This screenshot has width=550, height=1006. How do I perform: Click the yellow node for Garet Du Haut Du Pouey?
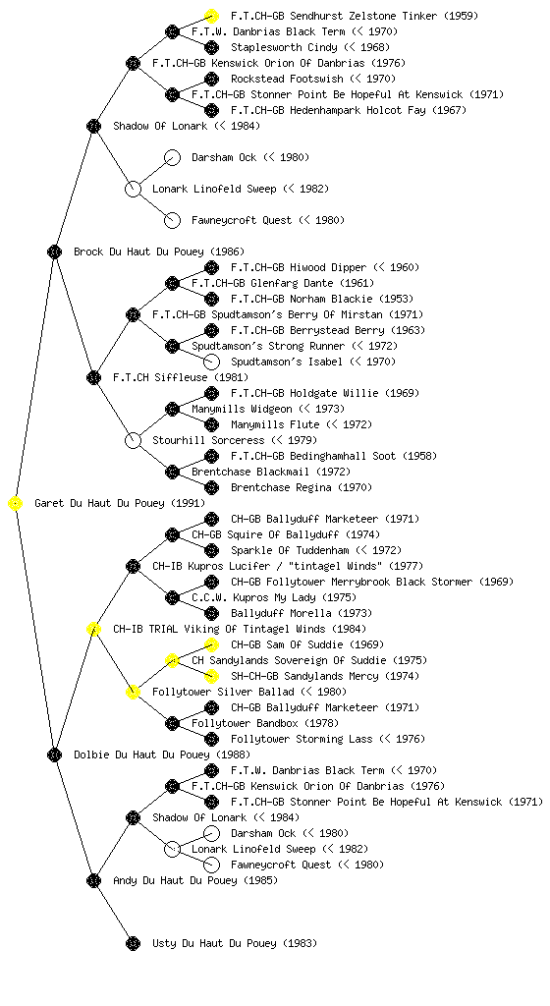16,504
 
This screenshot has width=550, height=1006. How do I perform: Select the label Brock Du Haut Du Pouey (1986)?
159,252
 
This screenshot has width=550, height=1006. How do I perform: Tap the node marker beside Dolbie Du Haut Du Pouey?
54,755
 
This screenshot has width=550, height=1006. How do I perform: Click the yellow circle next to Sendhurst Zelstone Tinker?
211,16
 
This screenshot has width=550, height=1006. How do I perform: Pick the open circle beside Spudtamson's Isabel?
211,362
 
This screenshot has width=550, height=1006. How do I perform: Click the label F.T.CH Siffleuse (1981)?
181,378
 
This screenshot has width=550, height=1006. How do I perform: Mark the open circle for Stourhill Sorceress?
133,441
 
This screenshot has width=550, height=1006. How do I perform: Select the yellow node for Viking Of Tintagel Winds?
93,630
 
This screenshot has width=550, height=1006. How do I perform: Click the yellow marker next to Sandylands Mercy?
211,676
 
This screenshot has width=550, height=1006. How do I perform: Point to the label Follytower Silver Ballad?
223,693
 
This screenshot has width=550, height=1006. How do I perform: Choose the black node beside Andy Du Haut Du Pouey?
93,881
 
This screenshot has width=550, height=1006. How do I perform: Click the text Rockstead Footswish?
287,79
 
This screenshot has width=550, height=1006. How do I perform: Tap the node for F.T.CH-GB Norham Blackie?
211,299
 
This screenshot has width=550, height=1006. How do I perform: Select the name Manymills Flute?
275,424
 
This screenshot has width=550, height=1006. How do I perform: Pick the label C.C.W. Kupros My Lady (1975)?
274,598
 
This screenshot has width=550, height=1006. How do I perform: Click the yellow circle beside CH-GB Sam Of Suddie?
211,644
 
